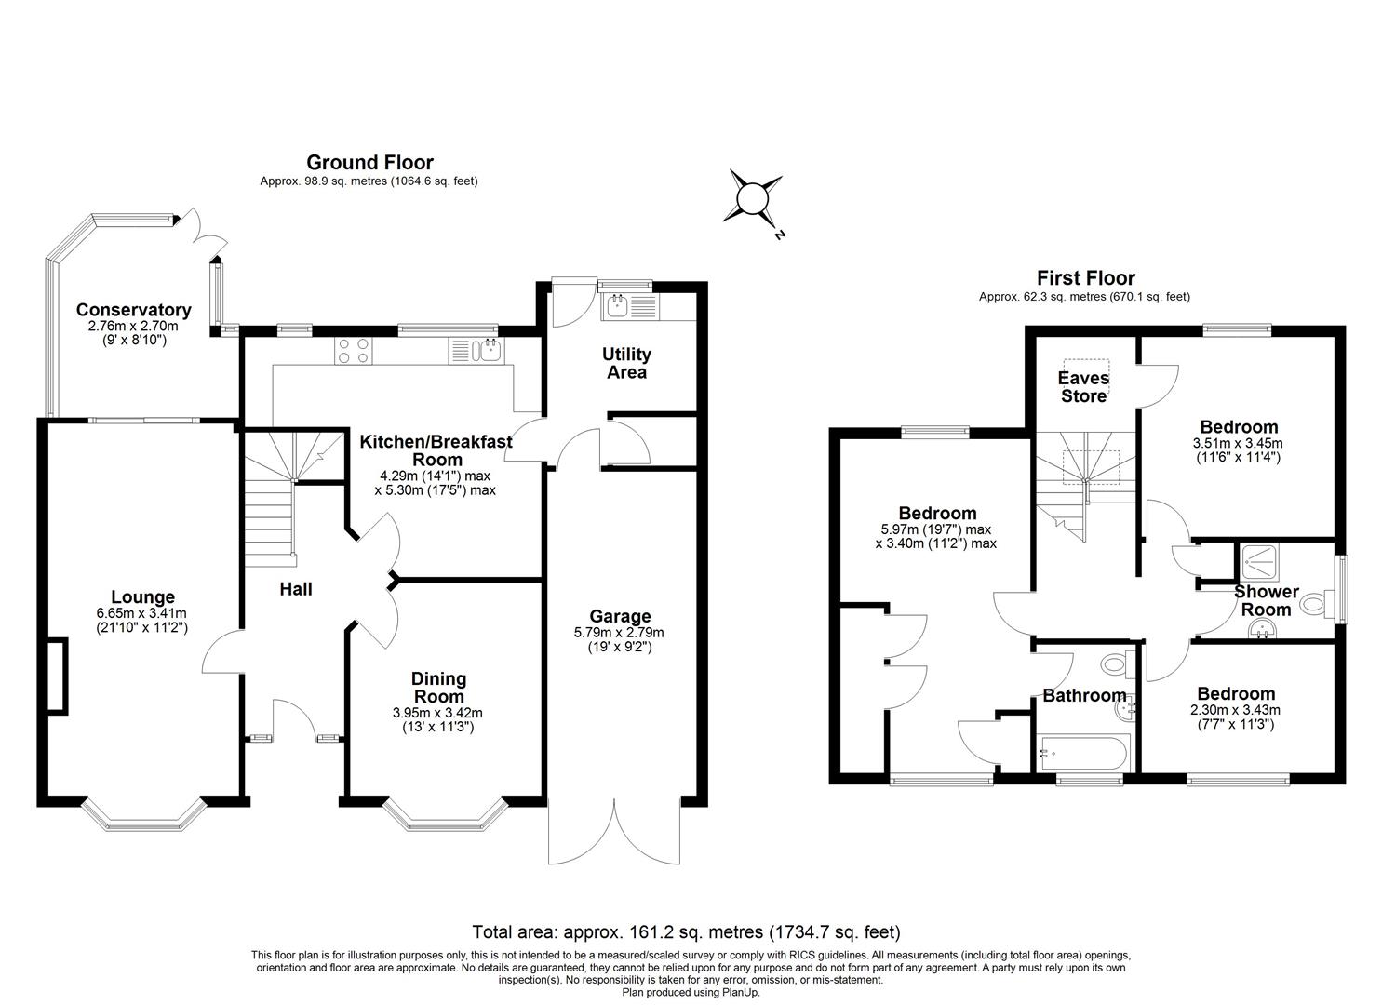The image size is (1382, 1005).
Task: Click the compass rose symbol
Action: tap(751, 198)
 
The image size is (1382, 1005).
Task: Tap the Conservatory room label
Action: tap(133, 310)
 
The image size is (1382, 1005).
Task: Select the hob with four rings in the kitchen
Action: tap(354, 350)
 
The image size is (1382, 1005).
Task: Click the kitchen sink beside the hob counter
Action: tap(487, 351)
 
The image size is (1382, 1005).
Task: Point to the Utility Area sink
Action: tap(618, 305)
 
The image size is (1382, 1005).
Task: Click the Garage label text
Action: tap(619, 616)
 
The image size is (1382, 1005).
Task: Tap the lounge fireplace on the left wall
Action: tap(57, 677)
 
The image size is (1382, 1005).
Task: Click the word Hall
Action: tap(296, 589)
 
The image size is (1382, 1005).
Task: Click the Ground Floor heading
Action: tap(369, 163)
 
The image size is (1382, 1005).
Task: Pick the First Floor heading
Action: tap(1085, 277)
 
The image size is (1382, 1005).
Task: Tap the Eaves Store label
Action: tap(1083, 387)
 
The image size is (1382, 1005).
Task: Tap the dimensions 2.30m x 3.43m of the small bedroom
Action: tap(1236, 710)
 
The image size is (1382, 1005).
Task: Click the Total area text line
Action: tap(686, 931)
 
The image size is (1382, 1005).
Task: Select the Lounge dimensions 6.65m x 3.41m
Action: tap(141, 613)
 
